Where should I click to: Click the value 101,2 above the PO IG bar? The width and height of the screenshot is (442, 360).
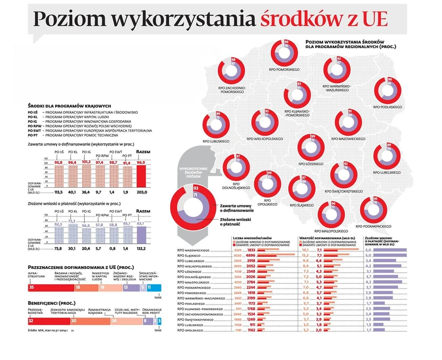pos(87,162)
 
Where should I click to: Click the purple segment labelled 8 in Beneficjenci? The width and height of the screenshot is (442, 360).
pos(145,320)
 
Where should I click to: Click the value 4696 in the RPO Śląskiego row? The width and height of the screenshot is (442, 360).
pos(249,256)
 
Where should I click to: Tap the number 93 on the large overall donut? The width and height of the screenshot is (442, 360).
pos(196,188)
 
